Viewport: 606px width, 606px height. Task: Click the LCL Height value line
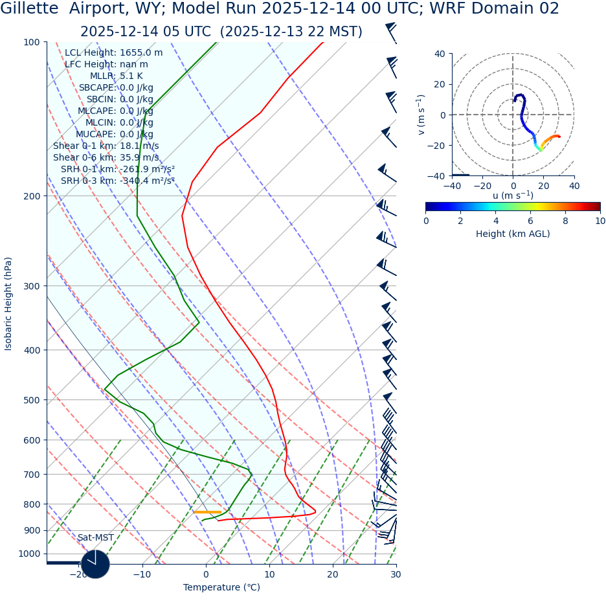113,52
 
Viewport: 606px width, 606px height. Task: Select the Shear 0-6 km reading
106,157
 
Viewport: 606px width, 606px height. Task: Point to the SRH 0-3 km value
118,181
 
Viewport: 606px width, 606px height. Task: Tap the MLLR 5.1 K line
116,76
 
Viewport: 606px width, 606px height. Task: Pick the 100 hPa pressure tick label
31,42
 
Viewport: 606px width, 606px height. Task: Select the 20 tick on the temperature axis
332,574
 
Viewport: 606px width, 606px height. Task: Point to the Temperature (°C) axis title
221,587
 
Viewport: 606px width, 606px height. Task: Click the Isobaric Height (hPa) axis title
8,304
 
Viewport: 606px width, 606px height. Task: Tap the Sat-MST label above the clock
95,537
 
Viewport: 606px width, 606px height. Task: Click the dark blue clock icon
95,564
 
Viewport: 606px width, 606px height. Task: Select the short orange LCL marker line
207,512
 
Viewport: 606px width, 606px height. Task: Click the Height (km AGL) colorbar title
513,234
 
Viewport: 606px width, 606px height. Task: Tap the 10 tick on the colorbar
600,221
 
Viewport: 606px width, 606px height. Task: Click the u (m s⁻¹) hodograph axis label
513,196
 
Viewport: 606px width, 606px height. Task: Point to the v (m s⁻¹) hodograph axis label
421,115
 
